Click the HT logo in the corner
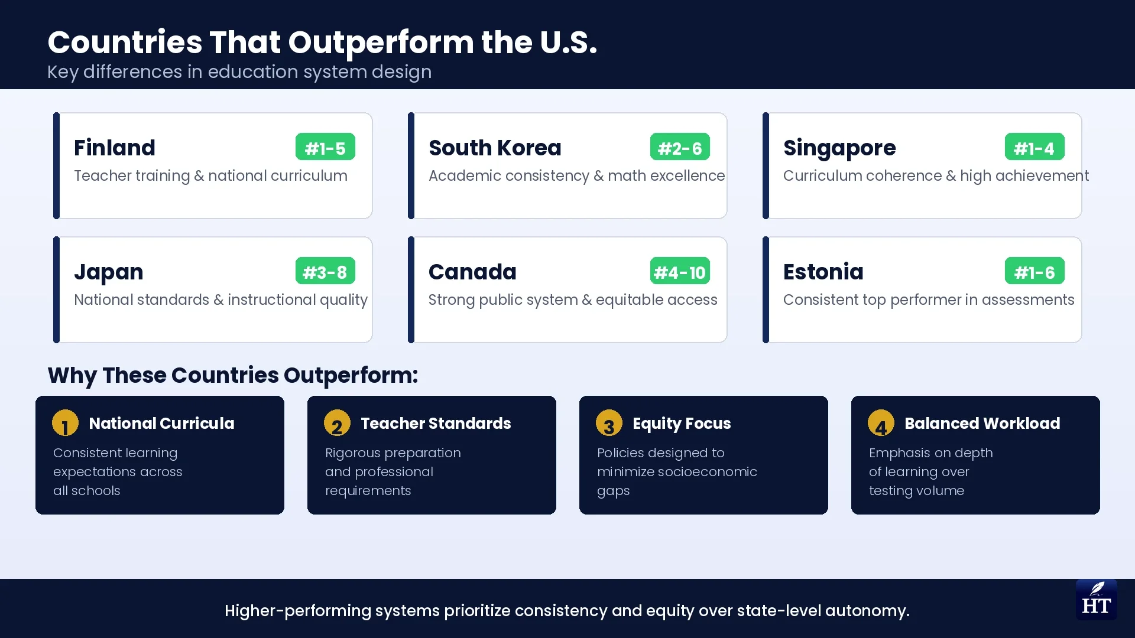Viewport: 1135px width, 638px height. (1096, 600)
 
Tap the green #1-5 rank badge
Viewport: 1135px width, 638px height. (325, 147)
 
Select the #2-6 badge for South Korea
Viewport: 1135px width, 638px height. (680, 147)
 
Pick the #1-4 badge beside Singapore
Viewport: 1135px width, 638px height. (1035, 147)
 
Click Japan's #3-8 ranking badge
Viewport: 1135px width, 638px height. (325, 271)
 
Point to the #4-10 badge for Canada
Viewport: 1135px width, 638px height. (680, 271)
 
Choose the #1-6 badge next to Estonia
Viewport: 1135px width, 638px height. (1035, 271)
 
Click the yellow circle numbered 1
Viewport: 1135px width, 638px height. (65, 424)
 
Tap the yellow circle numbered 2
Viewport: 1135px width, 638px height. (337, 424)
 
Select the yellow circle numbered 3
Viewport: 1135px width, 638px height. (609, 424)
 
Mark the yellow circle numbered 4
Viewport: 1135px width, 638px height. (881, 424)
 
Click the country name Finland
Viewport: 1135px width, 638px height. (115, 148)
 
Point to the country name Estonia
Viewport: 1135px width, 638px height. (823, 272)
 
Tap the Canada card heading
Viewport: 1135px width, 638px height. (472, 272)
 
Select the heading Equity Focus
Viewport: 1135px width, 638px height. (682, 424)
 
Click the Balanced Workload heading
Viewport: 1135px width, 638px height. (982, 424)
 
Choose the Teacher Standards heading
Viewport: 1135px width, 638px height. (436, 424)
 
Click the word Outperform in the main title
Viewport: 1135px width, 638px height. (381, 43)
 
